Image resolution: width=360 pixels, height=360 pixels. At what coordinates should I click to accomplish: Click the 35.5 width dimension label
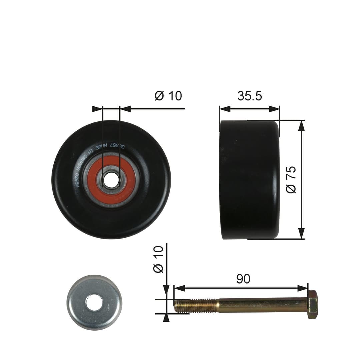tap(250, 96)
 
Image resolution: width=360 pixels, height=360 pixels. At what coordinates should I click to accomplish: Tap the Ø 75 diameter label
tap(291, 180)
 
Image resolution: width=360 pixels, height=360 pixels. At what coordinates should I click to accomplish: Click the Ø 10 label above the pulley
tap(168, 96)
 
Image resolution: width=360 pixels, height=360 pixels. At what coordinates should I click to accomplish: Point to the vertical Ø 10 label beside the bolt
tap(159, 259)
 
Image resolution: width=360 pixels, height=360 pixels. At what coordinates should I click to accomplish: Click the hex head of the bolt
tap(312, 304)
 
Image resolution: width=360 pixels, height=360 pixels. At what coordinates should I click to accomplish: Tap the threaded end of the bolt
tap(195, 306)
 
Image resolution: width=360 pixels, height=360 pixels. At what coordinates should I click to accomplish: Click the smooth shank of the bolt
tap(262, 305)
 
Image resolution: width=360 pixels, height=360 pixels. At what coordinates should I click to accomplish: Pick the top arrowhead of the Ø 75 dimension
tap(301, 125)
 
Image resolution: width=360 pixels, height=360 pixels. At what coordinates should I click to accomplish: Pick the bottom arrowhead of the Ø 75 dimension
tap(301, 234)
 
